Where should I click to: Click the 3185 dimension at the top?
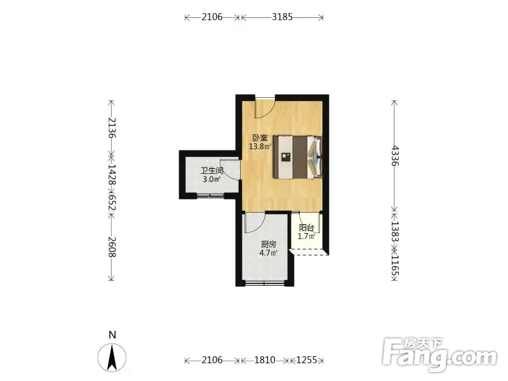point(282,17)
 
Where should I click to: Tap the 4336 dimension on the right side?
point(395,156)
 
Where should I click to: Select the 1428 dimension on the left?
point(112,175)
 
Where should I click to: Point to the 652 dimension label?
point(112,202)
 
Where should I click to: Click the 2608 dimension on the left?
point(112,247)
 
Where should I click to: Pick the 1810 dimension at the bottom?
point(265,360)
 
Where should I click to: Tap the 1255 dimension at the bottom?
point(307,360)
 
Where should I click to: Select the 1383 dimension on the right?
point(395,231)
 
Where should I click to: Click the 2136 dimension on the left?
point(112,128)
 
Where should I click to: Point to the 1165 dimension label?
point(395,264)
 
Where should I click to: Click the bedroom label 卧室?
point(260,138)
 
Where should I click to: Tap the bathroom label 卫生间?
point(212,170)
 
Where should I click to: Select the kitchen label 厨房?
point(269,244)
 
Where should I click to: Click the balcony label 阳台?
point(307,228)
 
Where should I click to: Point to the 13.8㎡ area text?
point(260,147)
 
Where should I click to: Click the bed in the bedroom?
point(298,157)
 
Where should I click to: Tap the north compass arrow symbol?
point(112,358)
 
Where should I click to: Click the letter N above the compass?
point(112,335)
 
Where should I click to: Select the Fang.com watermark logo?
point(439,355)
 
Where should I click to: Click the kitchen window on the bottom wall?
point(265,283)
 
